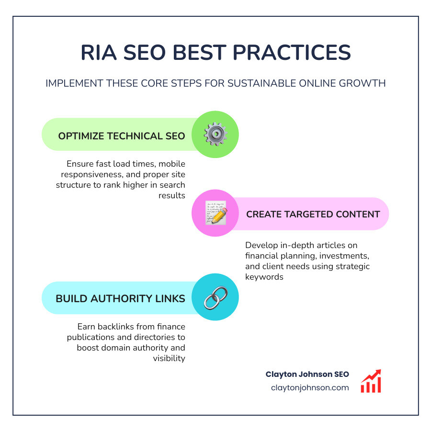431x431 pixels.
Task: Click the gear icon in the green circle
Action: click(215, 135)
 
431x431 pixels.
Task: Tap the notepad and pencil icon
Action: click(215, 213)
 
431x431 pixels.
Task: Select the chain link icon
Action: click(215, 297)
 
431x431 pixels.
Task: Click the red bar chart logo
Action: click(371, 381)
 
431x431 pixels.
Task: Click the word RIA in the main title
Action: click(98, 53)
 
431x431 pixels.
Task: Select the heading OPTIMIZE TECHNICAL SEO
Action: click(122, 136)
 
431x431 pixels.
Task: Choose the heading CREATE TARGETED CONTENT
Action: click(313, 214)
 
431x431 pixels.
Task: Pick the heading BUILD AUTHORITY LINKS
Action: click(120, 299)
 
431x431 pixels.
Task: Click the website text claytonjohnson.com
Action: click(310, 388)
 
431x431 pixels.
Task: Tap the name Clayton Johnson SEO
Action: click(307, 374)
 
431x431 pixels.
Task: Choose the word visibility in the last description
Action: click(169, 358)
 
